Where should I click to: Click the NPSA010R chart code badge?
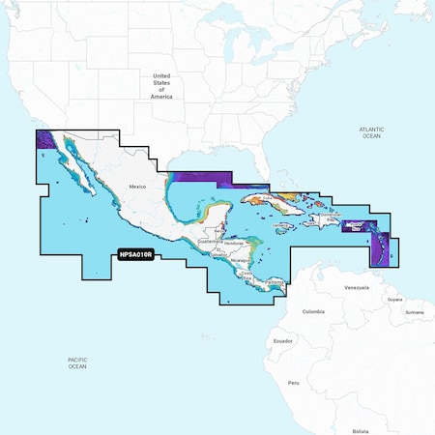pyautogui.click(x=138, y=256)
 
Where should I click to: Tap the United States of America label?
pyautogui.click(x=161, y=86)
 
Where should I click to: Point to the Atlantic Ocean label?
pyautogui.click(x=371, y=132)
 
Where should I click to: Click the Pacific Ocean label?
pyautogui.click(x=77, y=362)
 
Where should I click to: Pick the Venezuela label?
pyautogui.click(x=357, y=288)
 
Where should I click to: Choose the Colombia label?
pyautogui.click(x=313, y=311)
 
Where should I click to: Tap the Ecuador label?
pyautogui.click(x=282, y=340)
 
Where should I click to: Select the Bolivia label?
pyautogui.click(x=361, y=430)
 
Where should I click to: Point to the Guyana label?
pyautogui.click(x=394, y=300)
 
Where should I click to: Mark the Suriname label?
pyautogui.click(x=415, y=312)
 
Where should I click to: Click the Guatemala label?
pyautogui.click(x=201, y=240)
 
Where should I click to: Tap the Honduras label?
pyautogui.click(x=228, y=242)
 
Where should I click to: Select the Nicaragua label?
pyautogui.click(x=239, y=260)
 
